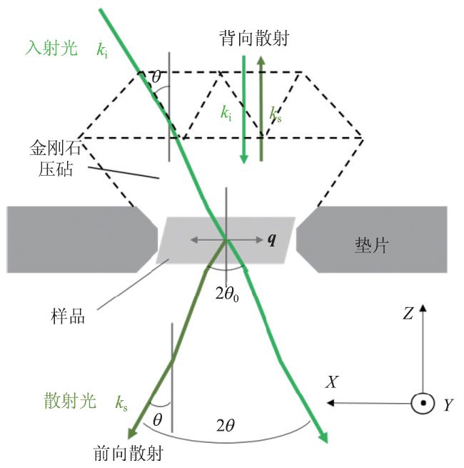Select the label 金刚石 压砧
pos(49,161)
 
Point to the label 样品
pos(69,315)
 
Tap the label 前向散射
pos(129,453)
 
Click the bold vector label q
pos(271,239)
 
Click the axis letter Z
pos(407,313)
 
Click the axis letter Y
pos(448,405)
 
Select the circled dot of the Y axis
pos(423,404)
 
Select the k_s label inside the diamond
pos(276,114)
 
